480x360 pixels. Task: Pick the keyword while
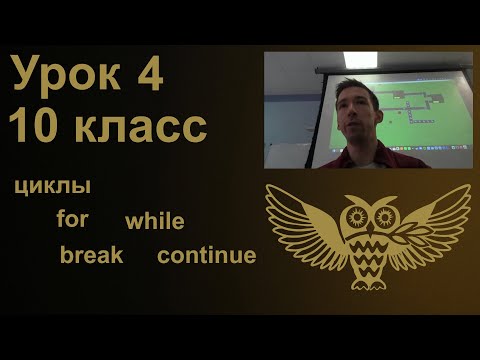[x=154, y=221]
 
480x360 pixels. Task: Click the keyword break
[x=91, y=255]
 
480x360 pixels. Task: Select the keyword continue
[x=206, y=255]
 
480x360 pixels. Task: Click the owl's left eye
[x=351, y=214]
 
